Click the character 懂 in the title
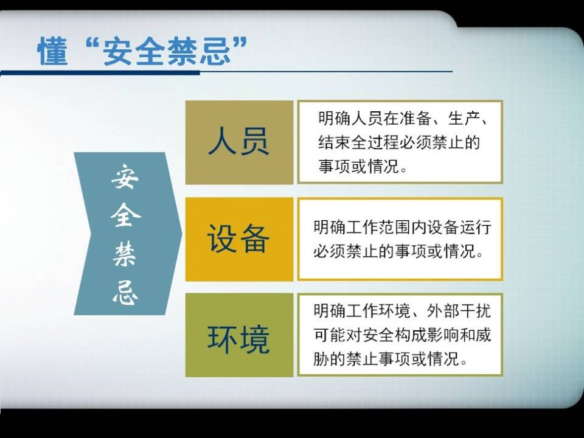52,51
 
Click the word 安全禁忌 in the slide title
166,51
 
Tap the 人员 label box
239,142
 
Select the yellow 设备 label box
239,239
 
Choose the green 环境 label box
239,335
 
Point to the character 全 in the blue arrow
125,215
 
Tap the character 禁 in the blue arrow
125,255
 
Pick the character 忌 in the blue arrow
125,293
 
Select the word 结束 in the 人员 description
334,142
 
